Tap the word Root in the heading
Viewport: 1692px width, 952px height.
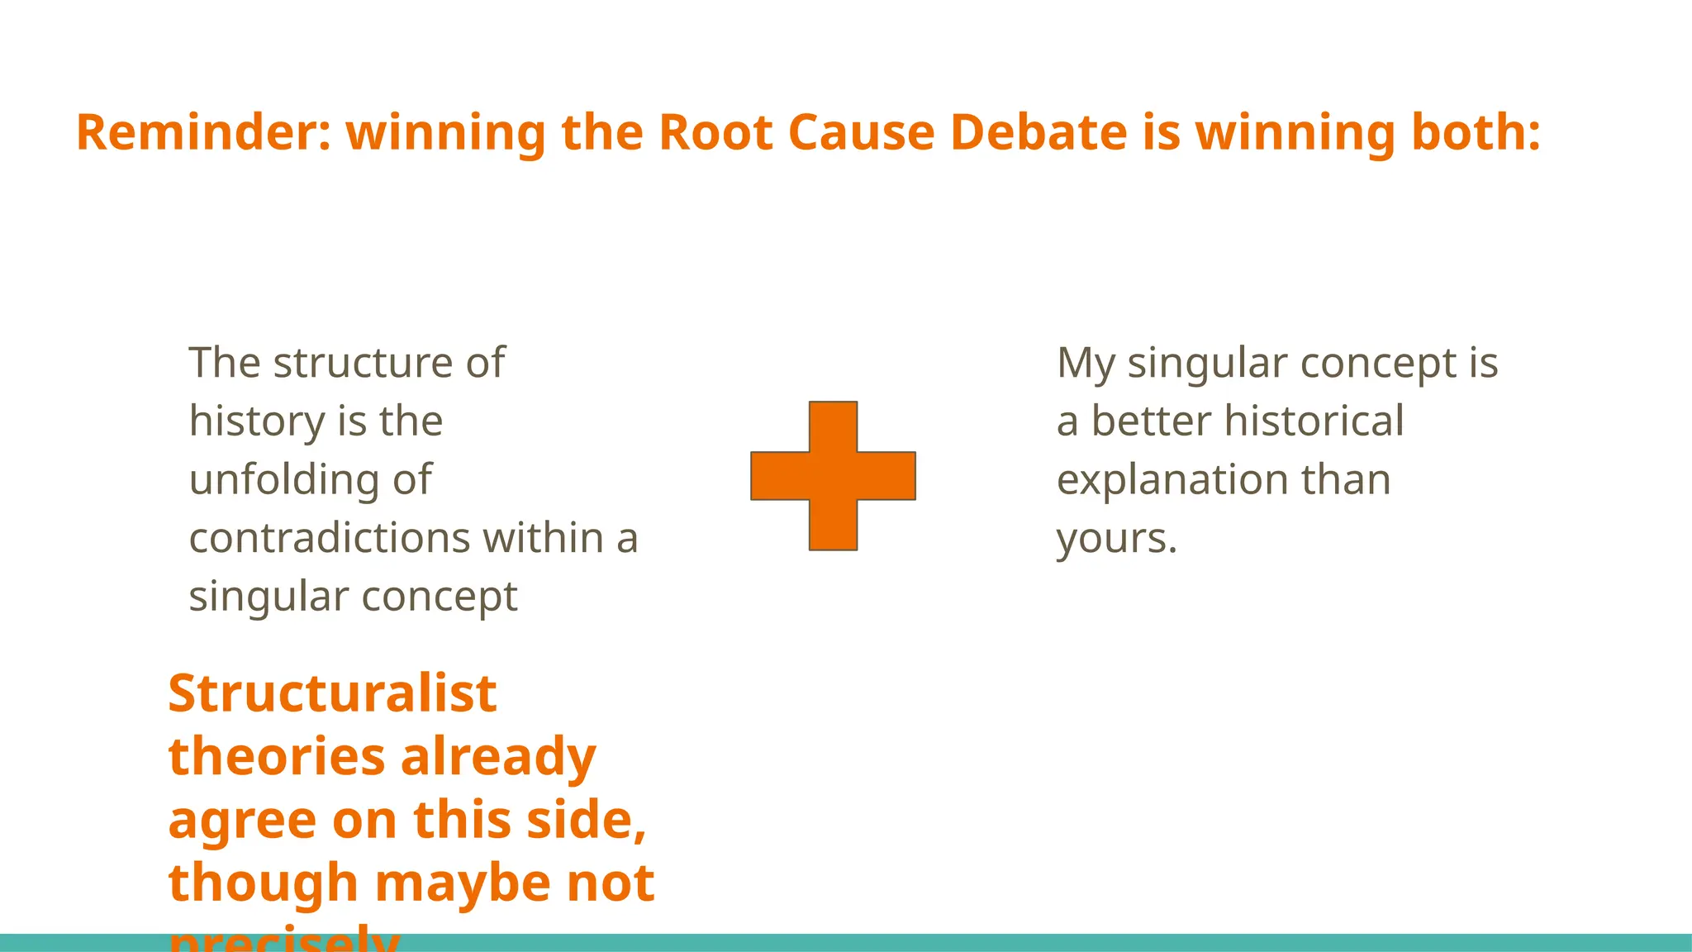click(715, 133)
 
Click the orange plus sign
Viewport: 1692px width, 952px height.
click(833, 476)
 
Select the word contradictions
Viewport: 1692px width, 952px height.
click(330, 538)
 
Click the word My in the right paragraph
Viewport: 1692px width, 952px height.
click(1086, 364)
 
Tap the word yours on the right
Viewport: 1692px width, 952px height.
click(1116, 539)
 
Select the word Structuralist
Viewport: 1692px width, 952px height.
click(332, 693)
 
